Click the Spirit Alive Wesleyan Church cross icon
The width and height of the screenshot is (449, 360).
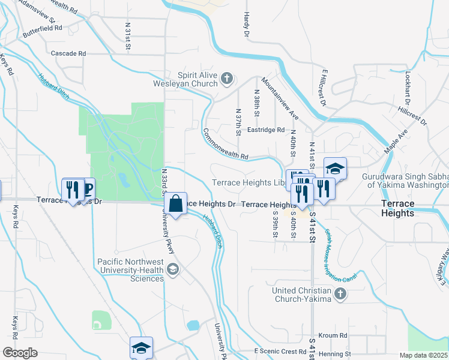click(227, 78)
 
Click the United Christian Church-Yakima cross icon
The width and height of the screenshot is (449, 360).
click(340, 293)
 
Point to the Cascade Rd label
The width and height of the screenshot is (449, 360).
click(68, 53)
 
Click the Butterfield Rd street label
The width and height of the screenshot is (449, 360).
click(42, 28)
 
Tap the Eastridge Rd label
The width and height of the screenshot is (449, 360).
click(266, 130)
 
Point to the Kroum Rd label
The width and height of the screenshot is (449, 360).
click(334, 335)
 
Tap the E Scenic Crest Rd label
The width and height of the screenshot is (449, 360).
click(280, 351)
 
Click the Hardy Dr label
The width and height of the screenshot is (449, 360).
click(246, 24)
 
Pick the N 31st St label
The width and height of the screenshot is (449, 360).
click(128, 37)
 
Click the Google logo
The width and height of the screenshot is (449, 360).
click(20, 352)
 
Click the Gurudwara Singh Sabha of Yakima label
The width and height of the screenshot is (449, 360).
click(405, 181)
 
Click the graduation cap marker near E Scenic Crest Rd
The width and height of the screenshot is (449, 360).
click(141, 347)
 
